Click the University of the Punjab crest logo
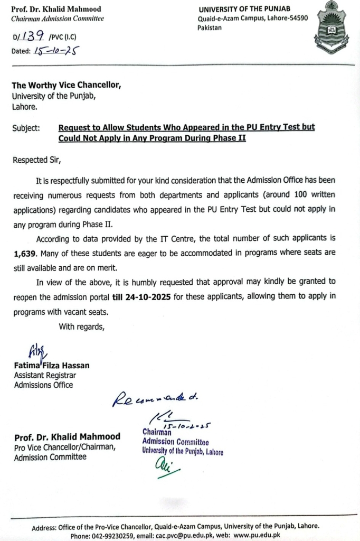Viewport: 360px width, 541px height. [331, 30]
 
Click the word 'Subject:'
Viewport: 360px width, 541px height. [26, 128]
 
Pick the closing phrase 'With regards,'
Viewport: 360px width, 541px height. [82, 327]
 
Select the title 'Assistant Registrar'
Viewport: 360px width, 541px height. [45, 375]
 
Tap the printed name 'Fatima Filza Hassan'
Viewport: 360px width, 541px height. [52, 365]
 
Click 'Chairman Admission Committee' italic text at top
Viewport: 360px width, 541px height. [58, 18]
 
